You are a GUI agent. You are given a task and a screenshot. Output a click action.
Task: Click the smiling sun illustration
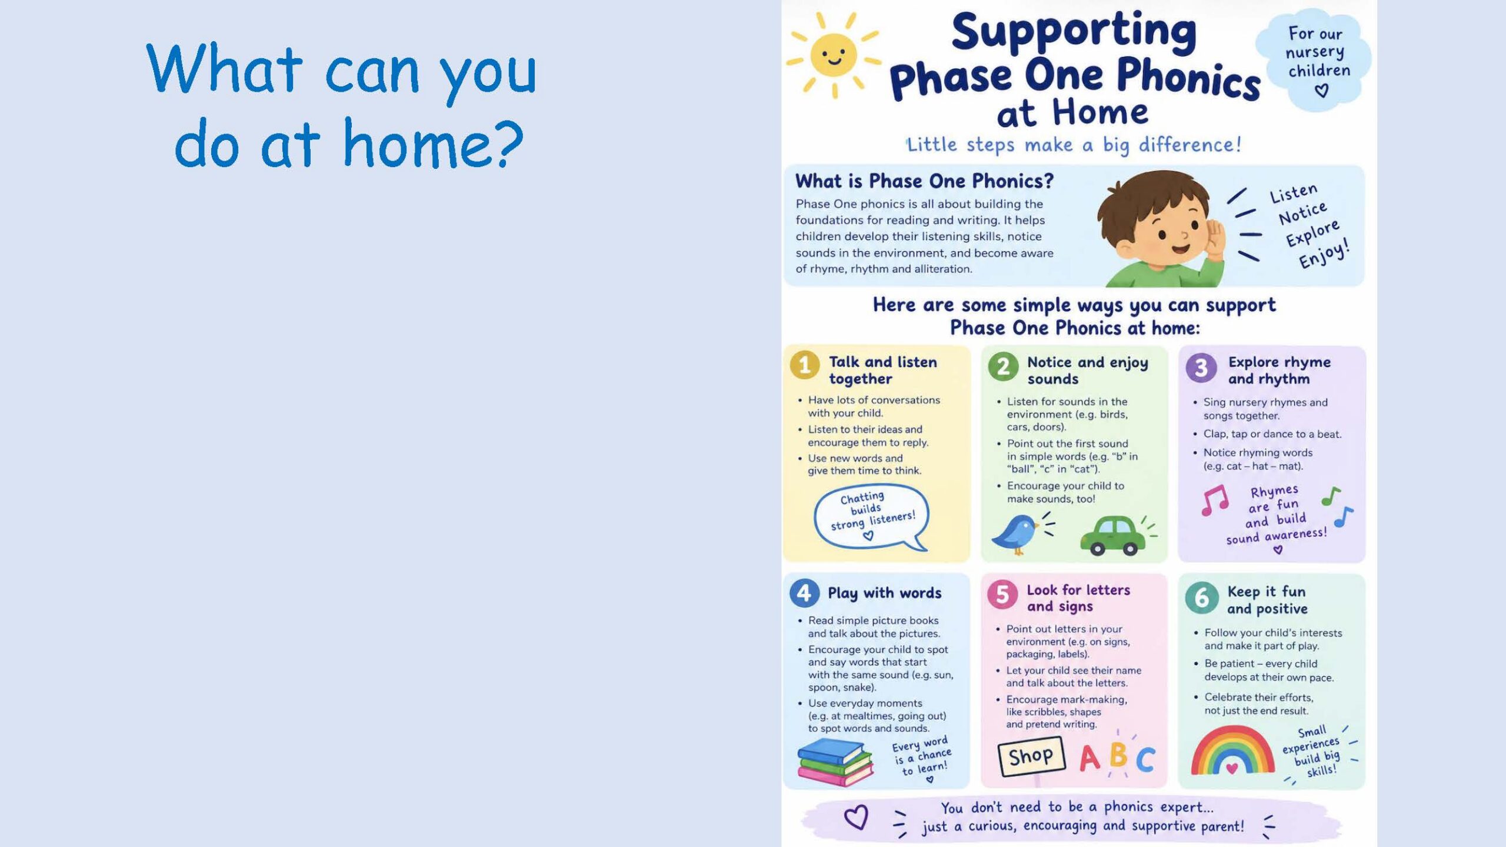click(x=834, y=55)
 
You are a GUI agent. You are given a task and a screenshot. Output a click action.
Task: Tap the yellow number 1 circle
click(x=805, y=365)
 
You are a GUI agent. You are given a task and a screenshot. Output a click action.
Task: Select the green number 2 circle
click(x=1003, y=366)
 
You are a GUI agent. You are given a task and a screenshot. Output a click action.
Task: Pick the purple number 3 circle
click(x=1201, y=368)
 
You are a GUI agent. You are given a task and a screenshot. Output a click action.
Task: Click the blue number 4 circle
click(x=804, y=593)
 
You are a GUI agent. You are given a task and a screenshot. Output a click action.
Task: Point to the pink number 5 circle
click(x=1002, y=595)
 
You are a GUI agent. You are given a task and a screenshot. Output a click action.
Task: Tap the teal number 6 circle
click(x=1201, y=598)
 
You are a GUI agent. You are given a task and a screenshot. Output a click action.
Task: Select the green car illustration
click(x=1112, y=536)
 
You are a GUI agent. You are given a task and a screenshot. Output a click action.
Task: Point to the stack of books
click(x=835, y=762)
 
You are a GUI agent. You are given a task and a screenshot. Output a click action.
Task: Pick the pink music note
click(x=1215, y=500)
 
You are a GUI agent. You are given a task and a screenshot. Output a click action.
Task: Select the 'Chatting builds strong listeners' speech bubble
click(x=871, y=517)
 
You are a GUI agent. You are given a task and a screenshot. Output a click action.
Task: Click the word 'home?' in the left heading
click(x=433, y=144)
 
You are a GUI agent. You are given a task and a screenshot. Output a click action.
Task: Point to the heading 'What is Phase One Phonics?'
click(x=924, y=181)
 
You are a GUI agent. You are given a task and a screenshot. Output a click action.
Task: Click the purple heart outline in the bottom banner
click(x=856, y=817)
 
